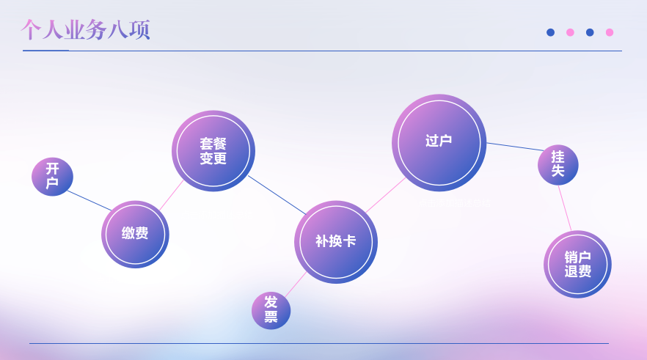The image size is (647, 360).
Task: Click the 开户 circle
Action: click(x=52, y=177)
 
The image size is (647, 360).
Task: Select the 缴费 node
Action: click(x=135, y=234)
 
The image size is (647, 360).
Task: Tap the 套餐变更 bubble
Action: click(x=213, y=151)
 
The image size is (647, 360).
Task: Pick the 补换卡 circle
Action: click(x=336, y=242)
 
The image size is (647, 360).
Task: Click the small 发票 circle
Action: click(x=271, y=311)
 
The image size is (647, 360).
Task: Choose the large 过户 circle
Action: click(x=439, y=143)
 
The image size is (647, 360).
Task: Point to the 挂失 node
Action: click(x=558, y=165)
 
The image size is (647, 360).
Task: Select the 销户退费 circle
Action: click(x=578, y=265)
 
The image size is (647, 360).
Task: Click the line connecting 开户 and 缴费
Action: click(x=89, y=200)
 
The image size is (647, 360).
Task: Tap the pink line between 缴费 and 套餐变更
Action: click(x=171, y=195)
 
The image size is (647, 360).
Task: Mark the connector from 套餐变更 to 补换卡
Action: click(x=277, y=195)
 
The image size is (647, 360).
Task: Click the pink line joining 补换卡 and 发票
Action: click(x=296, y=284)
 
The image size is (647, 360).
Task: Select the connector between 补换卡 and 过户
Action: click(x=386, y=195)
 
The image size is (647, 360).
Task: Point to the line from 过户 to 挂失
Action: click(x=516, y=147)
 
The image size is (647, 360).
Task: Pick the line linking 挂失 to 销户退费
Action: click(x=565, y=208)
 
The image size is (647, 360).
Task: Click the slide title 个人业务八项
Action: click(x=85, y=29)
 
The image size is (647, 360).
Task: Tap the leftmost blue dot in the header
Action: click(x=550, y=32)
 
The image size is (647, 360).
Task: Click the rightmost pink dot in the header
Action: click(x=610, y=32)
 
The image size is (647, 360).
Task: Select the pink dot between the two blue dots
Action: click(x=570, y=32)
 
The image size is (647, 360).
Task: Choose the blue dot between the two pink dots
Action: click(x=590, y=32)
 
